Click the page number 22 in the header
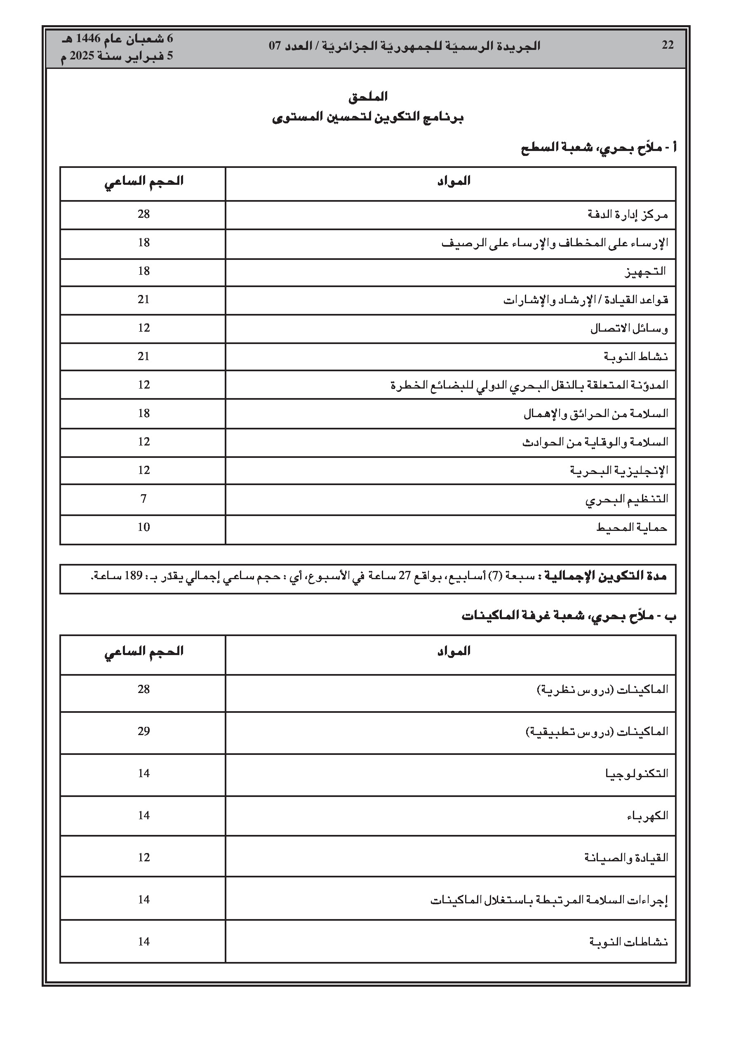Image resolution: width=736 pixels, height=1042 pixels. tap(668, 45)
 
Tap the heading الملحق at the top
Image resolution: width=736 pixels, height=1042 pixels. tap(367, 97)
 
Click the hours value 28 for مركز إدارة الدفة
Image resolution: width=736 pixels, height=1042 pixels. tap(144, 214)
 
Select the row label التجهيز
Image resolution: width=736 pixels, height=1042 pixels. tap(645, 272)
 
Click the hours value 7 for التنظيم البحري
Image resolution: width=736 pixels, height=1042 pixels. tap(144, 499)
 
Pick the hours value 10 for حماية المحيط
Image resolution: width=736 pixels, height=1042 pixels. tap(144, 527)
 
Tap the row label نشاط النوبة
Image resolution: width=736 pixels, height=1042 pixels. tap(635, 357)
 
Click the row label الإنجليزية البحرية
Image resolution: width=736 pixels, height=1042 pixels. tap(619, 471)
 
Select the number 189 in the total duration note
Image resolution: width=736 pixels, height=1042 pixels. tap(135, 576)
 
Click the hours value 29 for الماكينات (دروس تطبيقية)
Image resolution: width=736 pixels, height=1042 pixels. tap(144, 731)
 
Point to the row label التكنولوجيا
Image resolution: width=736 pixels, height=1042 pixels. tap(637, 773)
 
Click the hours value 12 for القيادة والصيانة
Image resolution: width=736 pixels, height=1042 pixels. tap(144, 857)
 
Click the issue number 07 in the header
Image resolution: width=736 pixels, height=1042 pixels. tap(276, 46)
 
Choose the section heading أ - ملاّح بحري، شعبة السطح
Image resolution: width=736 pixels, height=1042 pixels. tap(599, 148)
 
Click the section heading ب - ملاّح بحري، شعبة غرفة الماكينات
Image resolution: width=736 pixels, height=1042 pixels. tap(569, 616)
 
